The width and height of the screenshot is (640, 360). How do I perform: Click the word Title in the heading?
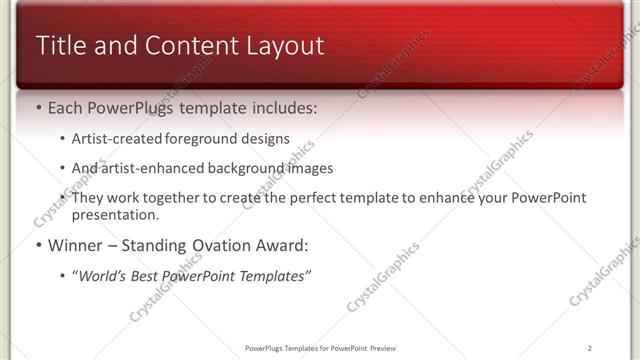pos(62,46)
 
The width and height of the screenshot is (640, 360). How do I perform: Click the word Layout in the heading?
pos(281,46)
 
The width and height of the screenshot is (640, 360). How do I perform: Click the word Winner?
pos(75,245)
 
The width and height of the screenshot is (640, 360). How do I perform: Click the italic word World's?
pos(105,275)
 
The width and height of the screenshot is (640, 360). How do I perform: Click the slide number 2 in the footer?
pos(590,348)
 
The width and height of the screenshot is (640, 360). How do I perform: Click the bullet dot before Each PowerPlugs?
pos(38,107)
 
